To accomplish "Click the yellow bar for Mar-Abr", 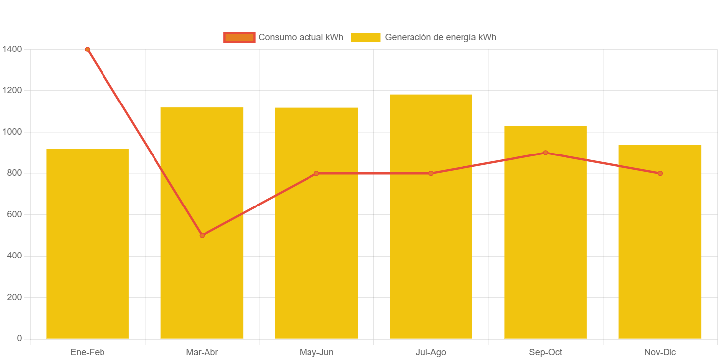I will (x=202, y=277).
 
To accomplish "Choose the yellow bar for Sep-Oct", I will (x=545, y=248).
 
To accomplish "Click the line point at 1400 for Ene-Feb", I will (x=87, y=49).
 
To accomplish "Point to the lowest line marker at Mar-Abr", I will (x=202, y=235).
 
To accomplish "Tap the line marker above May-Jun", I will (x=316, y=173).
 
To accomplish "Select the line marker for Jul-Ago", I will (x=431, y=173).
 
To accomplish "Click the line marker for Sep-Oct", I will (x=545, y=153).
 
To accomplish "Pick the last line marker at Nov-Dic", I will (x=660, y=173).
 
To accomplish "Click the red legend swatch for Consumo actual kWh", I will (x=239, y=37).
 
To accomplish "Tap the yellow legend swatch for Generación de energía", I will (x=365, y=37).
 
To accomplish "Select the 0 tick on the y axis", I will (x=19, y=338).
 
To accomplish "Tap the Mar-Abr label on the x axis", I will (x=202, y=352).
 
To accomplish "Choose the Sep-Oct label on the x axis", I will (x=545, y=352).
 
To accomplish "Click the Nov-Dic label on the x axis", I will (x=660, y=352).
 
